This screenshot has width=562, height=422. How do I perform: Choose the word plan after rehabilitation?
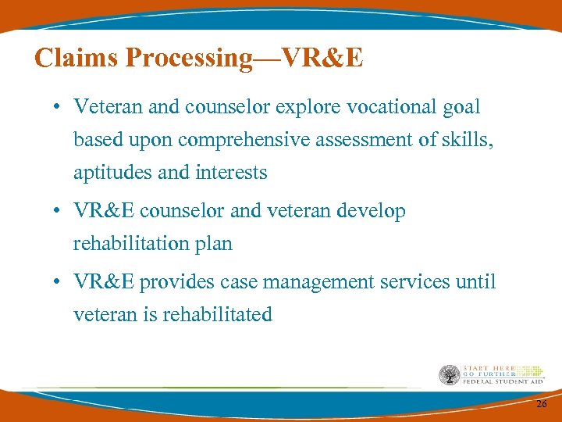coord(214,244)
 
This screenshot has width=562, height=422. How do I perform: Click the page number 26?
coord(541,403)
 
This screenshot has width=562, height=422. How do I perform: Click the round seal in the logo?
coord(449,375)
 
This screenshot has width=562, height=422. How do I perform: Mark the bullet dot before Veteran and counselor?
coord(59,108)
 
